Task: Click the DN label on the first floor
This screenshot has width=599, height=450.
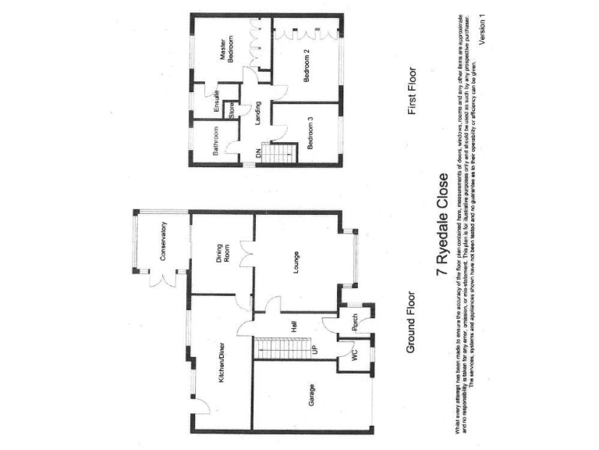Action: click(x=259, y=154)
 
